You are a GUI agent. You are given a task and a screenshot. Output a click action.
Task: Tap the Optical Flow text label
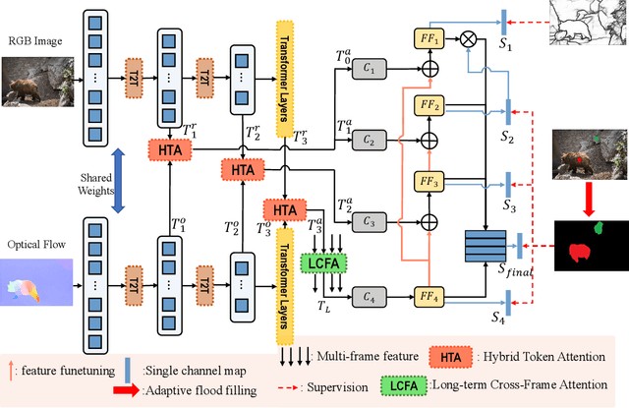[36, 243]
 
